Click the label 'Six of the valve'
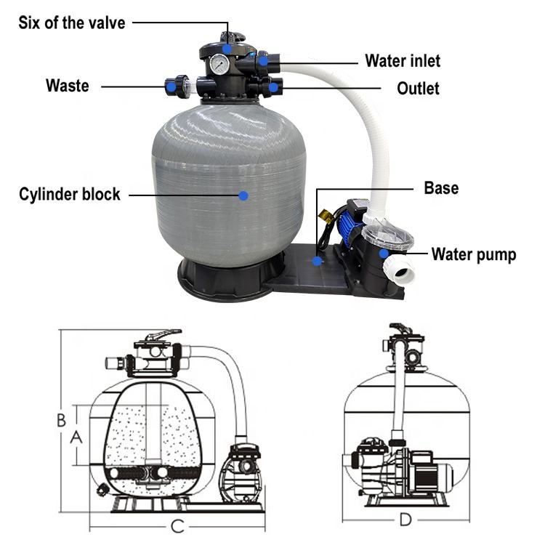pos(71,23)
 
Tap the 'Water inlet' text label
pos(402,60)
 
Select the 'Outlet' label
pos(418,88)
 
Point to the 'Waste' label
pos(68,86)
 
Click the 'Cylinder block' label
pos(70,195)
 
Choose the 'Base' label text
pos(441,188)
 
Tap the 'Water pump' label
pos(474,254)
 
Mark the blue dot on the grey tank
pos(243,195)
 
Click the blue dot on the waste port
pos(170,86)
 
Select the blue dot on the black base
pos(317,259)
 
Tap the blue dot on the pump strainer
pos(381,252)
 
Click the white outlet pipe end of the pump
pos(405,270)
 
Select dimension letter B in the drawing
pos(62,419)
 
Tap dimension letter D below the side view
pos(405,520)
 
